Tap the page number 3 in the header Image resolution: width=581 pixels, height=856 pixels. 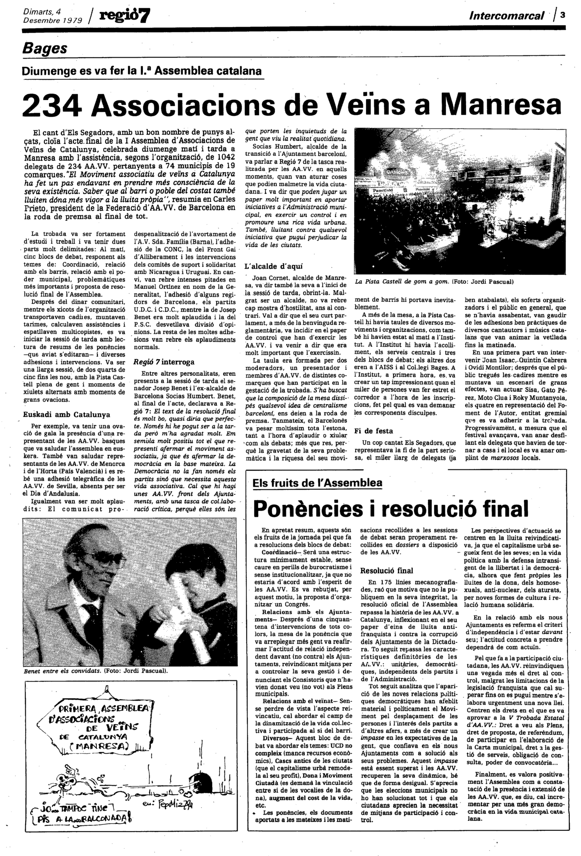point(563,14)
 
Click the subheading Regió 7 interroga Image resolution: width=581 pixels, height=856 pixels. point(164,362)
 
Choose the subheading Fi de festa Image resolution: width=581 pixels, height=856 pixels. point(374,431)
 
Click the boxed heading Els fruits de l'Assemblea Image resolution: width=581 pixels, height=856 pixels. point(317,483)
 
